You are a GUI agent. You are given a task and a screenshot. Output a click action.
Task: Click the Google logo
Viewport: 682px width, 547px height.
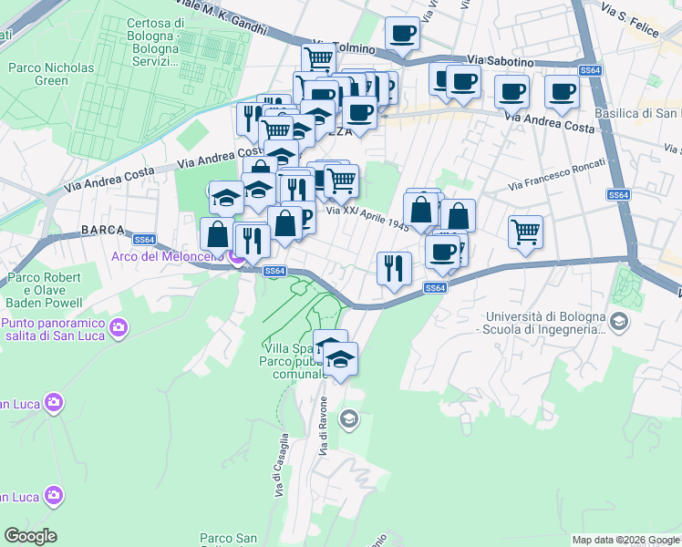point(30,536)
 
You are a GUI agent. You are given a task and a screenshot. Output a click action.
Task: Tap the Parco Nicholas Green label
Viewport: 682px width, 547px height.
point(51,74)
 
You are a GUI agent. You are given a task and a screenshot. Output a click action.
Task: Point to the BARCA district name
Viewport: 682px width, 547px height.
point(101,230)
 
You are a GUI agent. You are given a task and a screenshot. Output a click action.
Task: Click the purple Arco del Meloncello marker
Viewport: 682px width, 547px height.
point(235,257)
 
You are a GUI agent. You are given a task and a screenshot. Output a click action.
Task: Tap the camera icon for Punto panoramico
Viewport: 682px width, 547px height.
point(118,326)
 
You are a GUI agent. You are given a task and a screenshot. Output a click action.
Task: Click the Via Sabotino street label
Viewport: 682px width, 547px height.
point(499,59)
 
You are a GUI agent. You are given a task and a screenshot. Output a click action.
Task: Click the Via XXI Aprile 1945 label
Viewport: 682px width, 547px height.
point(368,218)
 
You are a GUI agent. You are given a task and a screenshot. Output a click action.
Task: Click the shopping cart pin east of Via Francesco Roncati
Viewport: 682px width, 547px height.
point(526,232)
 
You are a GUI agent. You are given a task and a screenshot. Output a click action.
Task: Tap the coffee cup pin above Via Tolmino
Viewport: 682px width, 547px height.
point(402,34)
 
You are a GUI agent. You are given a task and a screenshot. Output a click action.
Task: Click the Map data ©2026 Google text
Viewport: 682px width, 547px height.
point(625,540)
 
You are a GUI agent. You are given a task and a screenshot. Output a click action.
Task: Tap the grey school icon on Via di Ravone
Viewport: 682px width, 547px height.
point(347,419)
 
